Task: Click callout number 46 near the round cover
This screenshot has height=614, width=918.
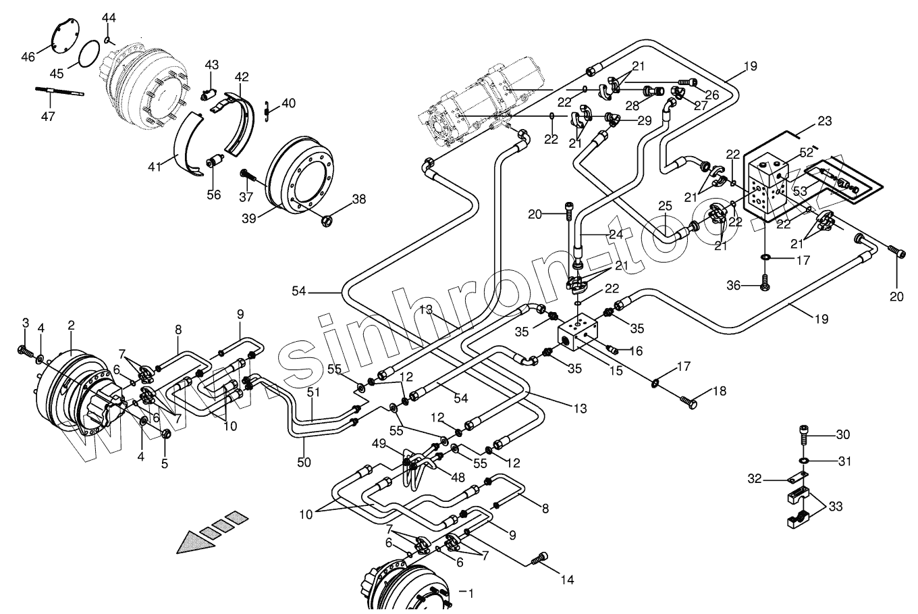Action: pos(28,57)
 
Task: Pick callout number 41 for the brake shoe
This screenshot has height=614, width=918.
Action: pos(155,165)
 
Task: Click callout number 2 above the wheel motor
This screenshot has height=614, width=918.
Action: pos(71,326)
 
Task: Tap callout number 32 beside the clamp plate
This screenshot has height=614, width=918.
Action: pos(755,479)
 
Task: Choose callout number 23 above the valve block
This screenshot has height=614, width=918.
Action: pos(824,122)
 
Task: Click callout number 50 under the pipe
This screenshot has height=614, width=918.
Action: pos(304,462)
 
